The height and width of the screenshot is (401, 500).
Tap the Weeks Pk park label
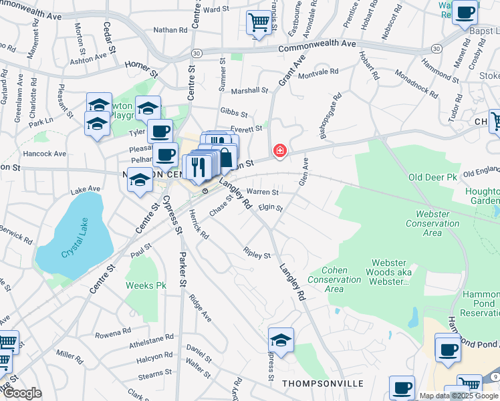pos(146,285)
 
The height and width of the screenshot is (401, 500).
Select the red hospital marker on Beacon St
pos(279,151)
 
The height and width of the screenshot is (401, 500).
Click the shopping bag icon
pos(226,158)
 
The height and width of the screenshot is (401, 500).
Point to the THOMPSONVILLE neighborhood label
pos(323,384)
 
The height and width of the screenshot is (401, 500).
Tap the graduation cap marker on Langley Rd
pos(281,340)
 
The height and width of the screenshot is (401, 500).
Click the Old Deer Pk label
pos(432,177)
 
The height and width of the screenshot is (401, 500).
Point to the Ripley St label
pos(257,255)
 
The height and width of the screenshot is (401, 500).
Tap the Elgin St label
pos(271,209)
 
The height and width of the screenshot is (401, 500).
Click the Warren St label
pos(262,192)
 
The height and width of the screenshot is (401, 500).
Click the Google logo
pos(22,393)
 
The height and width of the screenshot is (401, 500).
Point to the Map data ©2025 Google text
pos(458,396)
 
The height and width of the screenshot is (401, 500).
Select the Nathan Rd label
pos(170,30)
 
